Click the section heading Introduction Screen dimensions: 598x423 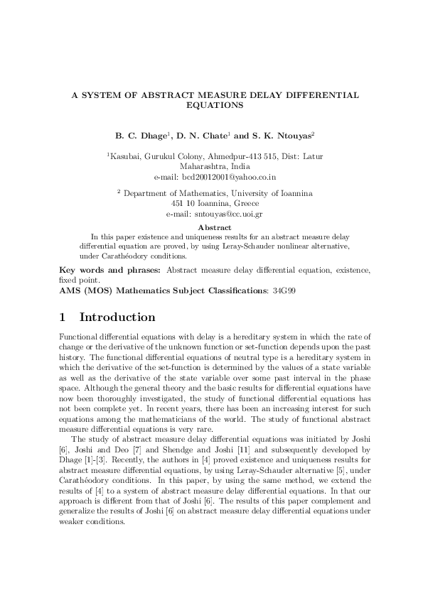click(x=117, y=317)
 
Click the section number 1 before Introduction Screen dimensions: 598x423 click(x=63, y=317)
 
